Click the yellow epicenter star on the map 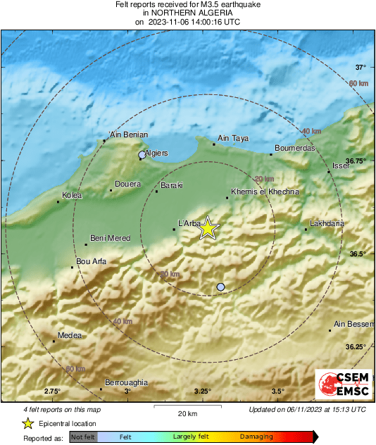pos(208,228)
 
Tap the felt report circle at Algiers pos(142,154)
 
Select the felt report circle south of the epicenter pos(221,287)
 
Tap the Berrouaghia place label pos(126,382)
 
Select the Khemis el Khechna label pos(265,192)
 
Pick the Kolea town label pos(72,195)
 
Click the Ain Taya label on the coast pos(234,139)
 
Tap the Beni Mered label pos(111,238)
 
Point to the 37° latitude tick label pos(361,68)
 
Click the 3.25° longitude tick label pos(202,391)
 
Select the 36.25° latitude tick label pos(356,346)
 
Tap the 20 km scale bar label pos(187,413)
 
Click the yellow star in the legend pos(27,423)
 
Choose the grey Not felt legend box pos(82,437)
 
